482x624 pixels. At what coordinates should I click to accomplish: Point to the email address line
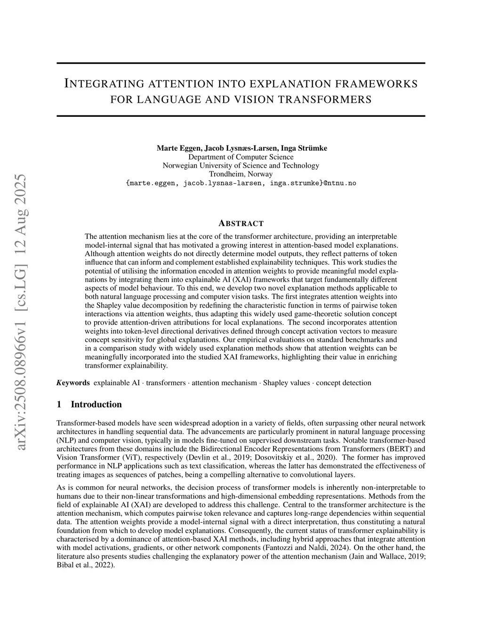click(241, 183)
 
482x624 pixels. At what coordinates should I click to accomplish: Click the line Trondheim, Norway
click(241, 174)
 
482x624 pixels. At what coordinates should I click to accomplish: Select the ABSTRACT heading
click(241, 223)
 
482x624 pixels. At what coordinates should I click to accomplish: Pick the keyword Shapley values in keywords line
click(286, 383)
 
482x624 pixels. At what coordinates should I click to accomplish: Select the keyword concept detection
click(344, 383)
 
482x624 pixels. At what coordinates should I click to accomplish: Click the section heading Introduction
click(96, 405)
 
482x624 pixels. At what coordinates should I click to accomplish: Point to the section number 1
click(59, 405)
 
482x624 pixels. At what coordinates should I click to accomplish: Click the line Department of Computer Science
click(241, 157)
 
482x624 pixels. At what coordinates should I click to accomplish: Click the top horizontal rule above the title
click(241, 64)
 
